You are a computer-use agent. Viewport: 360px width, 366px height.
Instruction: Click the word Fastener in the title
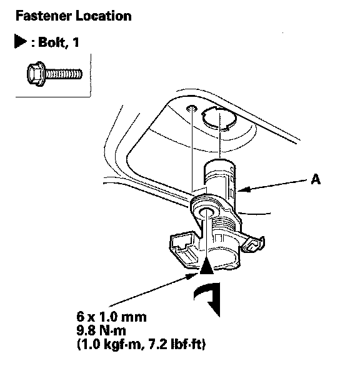pos(44,16)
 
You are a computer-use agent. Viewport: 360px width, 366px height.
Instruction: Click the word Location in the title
pos(103,16)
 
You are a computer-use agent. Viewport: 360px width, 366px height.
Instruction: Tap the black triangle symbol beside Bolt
pos(20,41)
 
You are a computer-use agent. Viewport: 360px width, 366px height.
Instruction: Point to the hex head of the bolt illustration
pos(36,74)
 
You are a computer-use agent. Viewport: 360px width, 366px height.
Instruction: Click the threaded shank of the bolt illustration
pos(64,74)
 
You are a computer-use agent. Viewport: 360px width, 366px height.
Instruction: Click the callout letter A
pos(316,179)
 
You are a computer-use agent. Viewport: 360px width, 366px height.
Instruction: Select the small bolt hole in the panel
pos(192,108)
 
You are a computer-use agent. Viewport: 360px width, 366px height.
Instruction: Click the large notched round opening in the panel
pos(219,118)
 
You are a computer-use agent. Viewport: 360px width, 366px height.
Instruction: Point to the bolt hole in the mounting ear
pos(206,212)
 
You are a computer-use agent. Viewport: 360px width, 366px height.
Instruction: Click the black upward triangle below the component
pos(207,267)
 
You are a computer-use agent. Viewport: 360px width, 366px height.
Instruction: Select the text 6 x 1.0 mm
pos(111,317)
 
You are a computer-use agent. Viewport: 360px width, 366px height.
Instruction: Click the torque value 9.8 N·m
pos(101,331)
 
